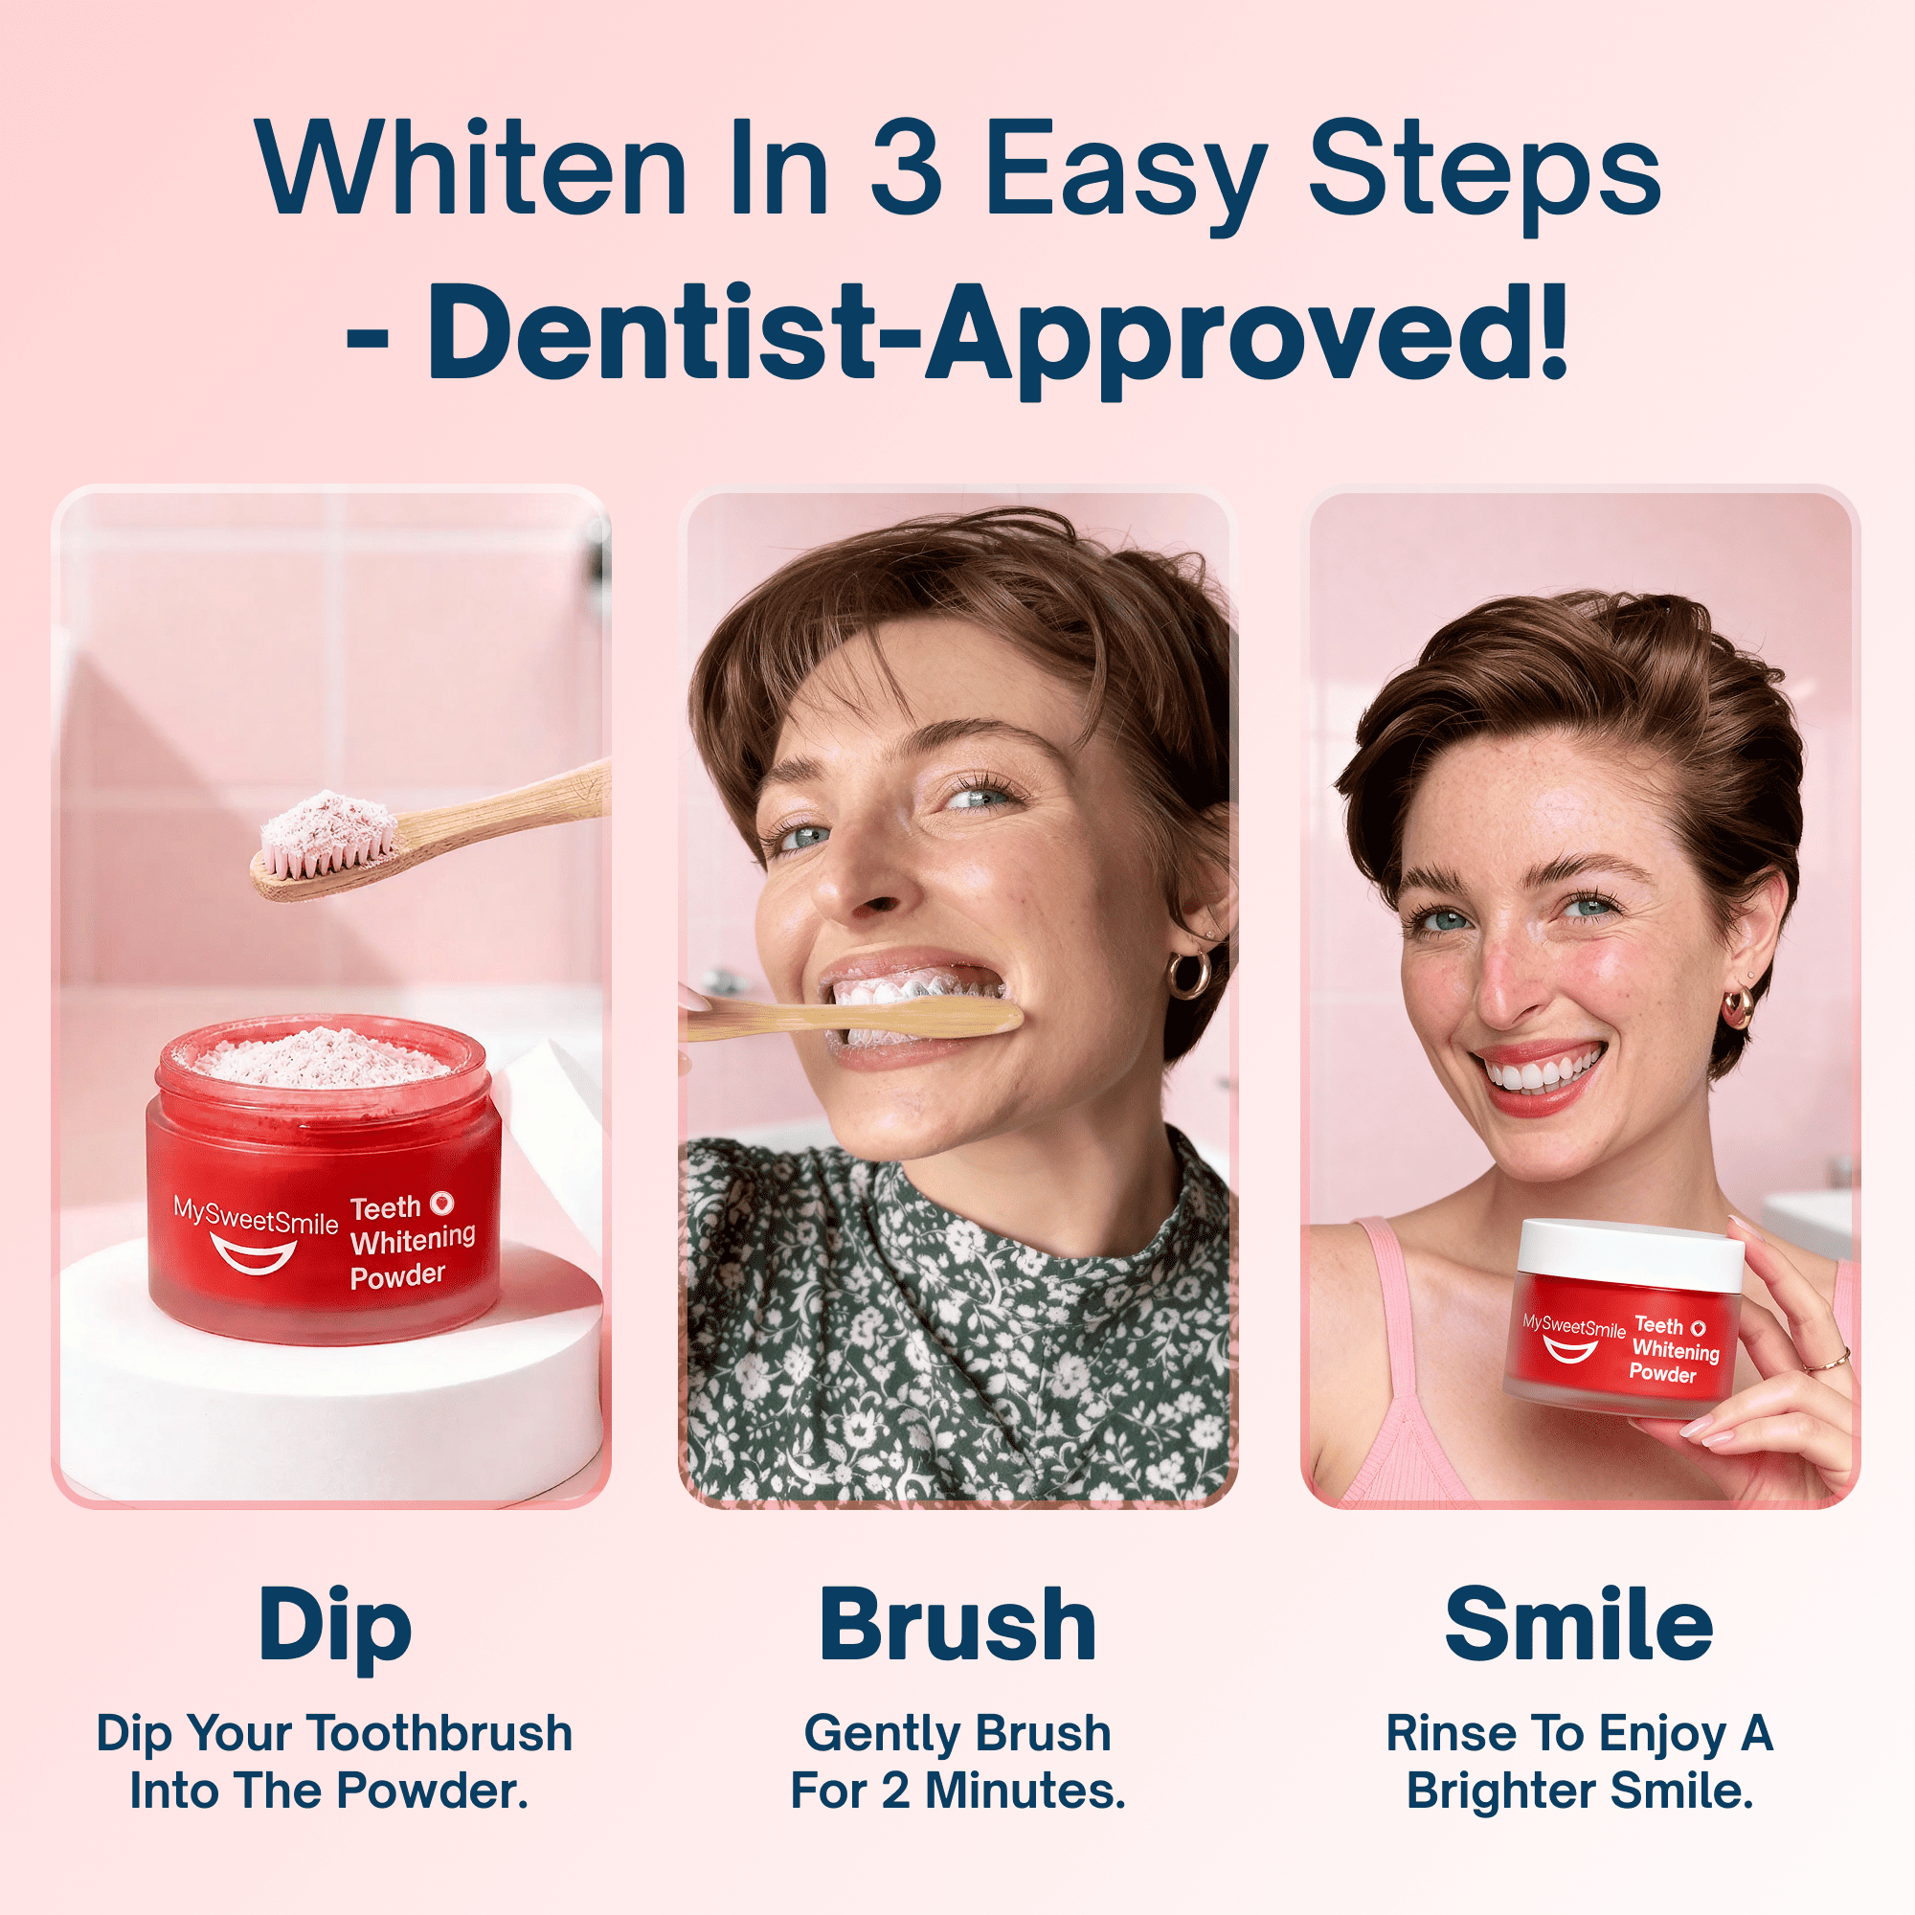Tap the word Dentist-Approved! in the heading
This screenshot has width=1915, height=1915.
[x=997, y=332]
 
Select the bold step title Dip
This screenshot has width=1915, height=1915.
[x=334, y=1626]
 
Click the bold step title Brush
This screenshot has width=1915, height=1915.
[x=957, y=1626]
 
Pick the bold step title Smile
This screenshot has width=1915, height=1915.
[x=1578, y=1626]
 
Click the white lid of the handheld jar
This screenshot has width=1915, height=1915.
[x=1631, y=1251]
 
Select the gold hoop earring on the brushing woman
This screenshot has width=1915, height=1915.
[x=1187, y=974]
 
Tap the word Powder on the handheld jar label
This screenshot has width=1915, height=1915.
[x=1662, y=1373]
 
